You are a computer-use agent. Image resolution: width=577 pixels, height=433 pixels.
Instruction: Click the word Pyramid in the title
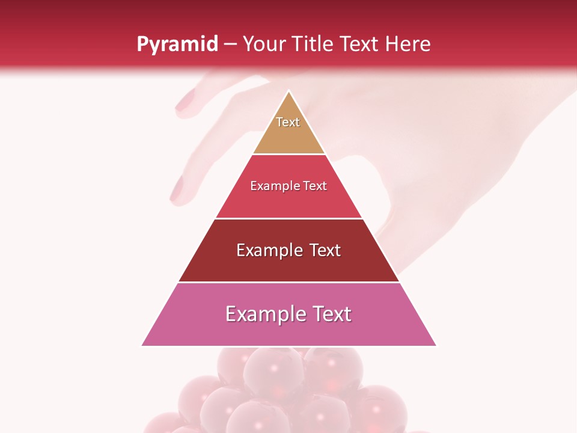pos(177,45)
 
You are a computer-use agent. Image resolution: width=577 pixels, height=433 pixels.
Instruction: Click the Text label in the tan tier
pos(288,122)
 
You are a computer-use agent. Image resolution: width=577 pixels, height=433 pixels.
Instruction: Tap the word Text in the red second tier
pos(315,186)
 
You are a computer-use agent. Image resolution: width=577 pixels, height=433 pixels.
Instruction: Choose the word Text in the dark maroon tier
pos(325,250)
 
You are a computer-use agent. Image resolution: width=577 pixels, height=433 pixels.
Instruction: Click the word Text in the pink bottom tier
pos(332,314)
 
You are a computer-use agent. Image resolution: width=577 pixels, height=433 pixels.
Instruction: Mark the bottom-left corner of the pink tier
pos(142,345)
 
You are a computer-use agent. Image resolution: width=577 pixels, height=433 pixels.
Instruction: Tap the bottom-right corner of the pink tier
pos(436,345)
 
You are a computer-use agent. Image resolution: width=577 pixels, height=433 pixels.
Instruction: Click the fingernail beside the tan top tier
pos(186,99)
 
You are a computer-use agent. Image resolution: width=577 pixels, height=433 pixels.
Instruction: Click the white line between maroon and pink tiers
pos(288,282)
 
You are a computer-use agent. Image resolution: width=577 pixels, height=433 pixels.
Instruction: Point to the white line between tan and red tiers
pos(288,154)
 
